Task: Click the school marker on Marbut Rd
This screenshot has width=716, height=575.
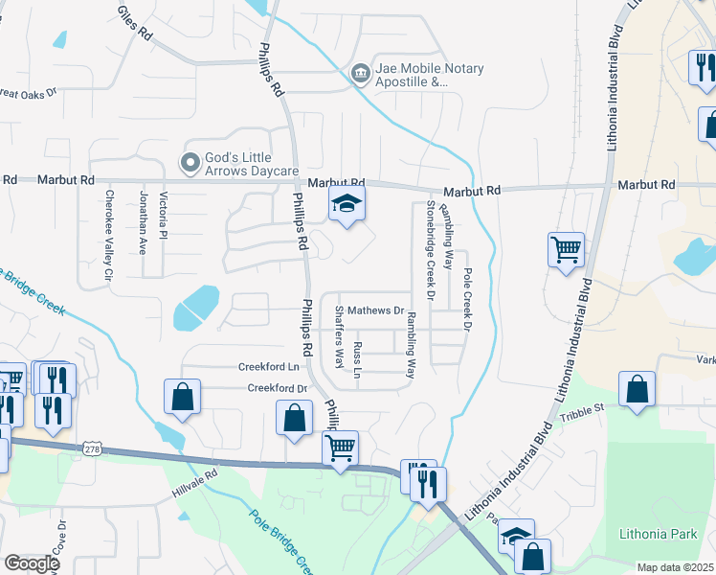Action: point(347,203)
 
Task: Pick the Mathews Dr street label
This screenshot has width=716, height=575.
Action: point(374,310)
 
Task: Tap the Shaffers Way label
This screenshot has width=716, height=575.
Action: point(339,337)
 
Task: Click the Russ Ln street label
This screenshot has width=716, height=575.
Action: point(358,356)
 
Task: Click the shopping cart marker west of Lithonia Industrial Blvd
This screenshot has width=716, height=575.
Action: point(566,250)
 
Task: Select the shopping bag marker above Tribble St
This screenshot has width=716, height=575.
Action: point(637,389)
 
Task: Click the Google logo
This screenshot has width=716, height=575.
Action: point(31,563)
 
